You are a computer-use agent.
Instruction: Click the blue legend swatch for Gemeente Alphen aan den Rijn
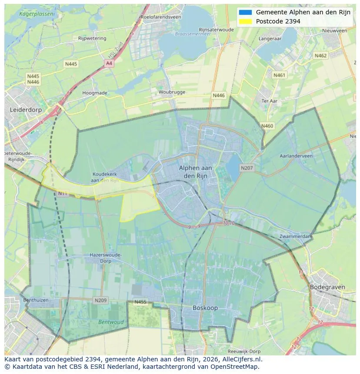(x=245, y=13)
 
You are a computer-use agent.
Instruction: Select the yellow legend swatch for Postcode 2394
(x=245, y=21)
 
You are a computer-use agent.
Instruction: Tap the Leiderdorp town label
(x=26, y=110)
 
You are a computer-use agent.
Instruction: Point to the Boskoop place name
(x=205, y=308)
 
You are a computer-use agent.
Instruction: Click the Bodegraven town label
(x=327, y=287)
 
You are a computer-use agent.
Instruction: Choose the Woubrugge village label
(x=172, y=92)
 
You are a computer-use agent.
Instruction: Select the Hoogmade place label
(x=95, y=93)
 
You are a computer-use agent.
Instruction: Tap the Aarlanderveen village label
(x=296, y=155)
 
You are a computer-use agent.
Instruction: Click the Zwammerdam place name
(x=296, y=236)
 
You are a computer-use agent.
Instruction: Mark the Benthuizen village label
(x=36, y=300)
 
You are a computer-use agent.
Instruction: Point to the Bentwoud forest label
(x=111, y=322)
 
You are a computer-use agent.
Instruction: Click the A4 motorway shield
(x=109, y=63)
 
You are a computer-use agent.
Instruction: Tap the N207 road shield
(x=247, y=168)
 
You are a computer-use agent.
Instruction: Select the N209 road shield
(x=100, y=300)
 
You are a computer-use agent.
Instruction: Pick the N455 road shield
(x=140, y=302)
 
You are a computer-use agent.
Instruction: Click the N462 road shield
(x=320, y=56)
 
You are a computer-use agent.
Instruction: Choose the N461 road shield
(x=280, y=75)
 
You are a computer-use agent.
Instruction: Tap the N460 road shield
(x=267, y=126)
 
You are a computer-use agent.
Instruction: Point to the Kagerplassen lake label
(x=37, y=14)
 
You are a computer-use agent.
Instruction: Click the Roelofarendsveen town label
(x=160, y=17)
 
